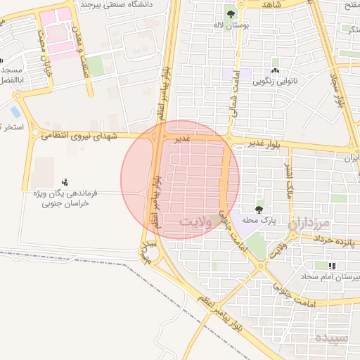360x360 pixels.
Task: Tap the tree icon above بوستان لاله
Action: pyautogui.click(x=231, y=13)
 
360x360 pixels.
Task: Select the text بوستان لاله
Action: pyautogui.click(x=231, y=25)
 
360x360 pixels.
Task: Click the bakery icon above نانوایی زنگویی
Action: pyautogui.click(x=275, y=71)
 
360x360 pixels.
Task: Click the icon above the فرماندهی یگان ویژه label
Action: pyautogui.click(x=65, y=182)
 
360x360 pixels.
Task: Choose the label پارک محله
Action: pyautogui.click(x=260, y=220)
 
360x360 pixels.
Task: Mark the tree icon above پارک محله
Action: pyautogui.click(x=260, y=209)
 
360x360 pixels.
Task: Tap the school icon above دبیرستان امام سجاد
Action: pyautogui.click(x=331, y=266)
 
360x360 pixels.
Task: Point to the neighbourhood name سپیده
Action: pyautogui.click(x=331, y=337)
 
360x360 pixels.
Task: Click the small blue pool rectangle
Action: pyautogui.click(x=15, y=112)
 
